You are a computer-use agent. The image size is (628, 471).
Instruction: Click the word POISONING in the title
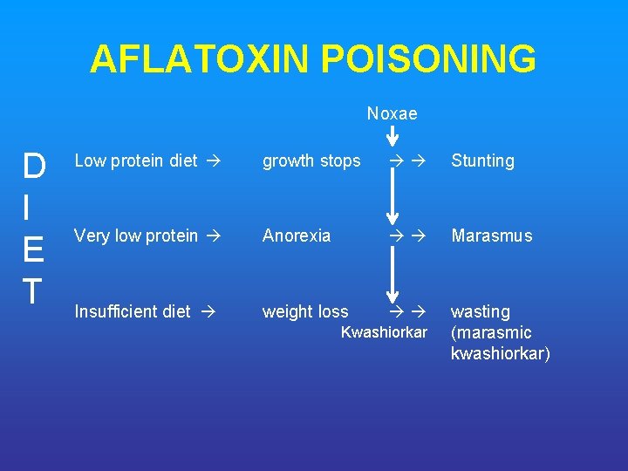[428, 59]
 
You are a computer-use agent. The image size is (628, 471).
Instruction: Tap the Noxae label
[392, 114]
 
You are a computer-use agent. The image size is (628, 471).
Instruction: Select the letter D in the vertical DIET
[35, 165]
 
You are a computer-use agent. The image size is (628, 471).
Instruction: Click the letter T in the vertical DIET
[33, 290]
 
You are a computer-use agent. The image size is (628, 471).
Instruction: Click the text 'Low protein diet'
[135, 160]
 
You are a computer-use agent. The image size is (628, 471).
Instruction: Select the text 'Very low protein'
[135, 235]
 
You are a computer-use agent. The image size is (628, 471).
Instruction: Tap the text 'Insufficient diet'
[132, 311]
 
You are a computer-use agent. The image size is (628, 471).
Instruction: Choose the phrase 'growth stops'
[311, 160]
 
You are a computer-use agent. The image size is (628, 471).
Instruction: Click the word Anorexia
[297, 235]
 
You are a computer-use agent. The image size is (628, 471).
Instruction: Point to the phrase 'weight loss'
[305, 311]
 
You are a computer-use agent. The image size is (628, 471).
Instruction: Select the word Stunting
[482, 160]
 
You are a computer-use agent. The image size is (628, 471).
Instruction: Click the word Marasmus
[491, 235]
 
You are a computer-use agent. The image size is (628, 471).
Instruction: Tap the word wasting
[480, 311]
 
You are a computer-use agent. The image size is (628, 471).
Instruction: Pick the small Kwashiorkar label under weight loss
[384, 332]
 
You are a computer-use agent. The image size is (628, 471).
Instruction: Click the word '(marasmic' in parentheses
[491, 332]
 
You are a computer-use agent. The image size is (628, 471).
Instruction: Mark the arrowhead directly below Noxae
[392, 140]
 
